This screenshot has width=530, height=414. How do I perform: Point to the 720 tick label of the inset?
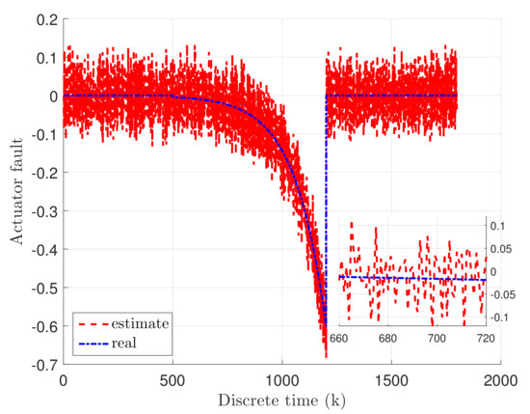[x=485, y=339]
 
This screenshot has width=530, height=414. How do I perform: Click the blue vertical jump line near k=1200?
[x=326, y=212]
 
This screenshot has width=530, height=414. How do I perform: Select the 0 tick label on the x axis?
[x=64, y=380]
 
